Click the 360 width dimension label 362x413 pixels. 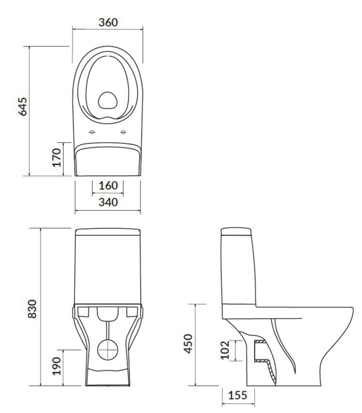(108, 22)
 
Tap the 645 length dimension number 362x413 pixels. (23, 107)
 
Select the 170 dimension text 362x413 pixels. (57, 157)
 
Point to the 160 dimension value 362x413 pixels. (108, 186)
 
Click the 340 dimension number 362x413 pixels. (108, 202)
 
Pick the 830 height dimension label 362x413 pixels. (32, 309)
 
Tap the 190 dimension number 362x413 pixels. (57, 366)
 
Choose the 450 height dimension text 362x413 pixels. (188, 344)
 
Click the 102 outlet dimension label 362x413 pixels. (225, 350)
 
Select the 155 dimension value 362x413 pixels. (238, 395)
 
